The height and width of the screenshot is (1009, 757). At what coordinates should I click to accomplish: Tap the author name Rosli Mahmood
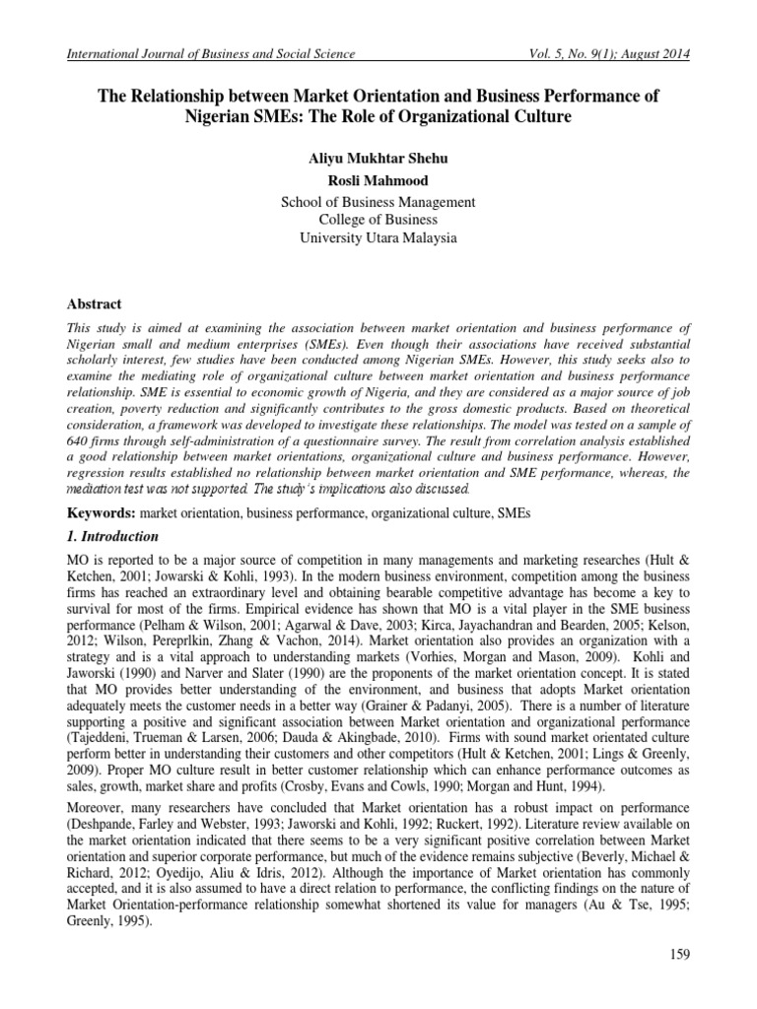point(378,180)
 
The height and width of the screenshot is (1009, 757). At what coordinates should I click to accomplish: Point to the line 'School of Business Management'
point(378,202)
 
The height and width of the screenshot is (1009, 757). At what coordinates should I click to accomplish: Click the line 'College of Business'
point(378,220)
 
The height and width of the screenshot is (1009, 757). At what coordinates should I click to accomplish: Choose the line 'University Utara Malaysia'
point(378,238)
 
